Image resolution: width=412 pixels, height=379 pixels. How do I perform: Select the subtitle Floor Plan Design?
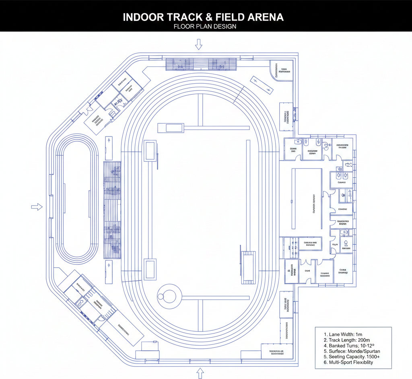pos(205,27)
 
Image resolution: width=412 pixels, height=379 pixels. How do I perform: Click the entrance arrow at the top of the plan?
pos(198,44)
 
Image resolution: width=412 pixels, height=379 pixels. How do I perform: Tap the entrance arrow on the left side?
pos(37,207)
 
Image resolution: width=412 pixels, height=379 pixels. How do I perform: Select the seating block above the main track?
pos(201,64)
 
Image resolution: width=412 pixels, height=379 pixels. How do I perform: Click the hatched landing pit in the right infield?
pos(248,267)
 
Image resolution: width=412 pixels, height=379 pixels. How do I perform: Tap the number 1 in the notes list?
pos(325,334)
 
